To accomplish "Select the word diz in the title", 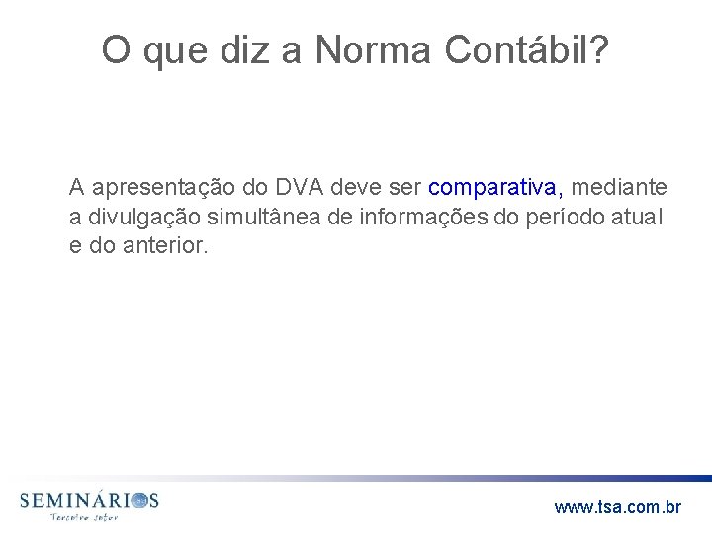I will pyautogui.click(x=220, y=51).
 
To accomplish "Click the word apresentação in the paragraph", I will pyautogui.click(x=151, y=186).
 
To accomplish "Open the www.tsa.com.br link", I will pyautogui.click(x=618, y=507).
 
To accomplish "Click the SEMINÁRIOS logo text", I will pyautogui.click(x=88, y=500).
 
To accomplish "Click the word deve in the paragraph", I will pyautogui.click(x=359, y=186).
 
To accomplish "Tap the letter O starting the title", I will pyautogui.click(x=116, y=51).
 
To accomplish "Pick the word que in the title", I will pyautogui.click(x=166, y=53).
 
